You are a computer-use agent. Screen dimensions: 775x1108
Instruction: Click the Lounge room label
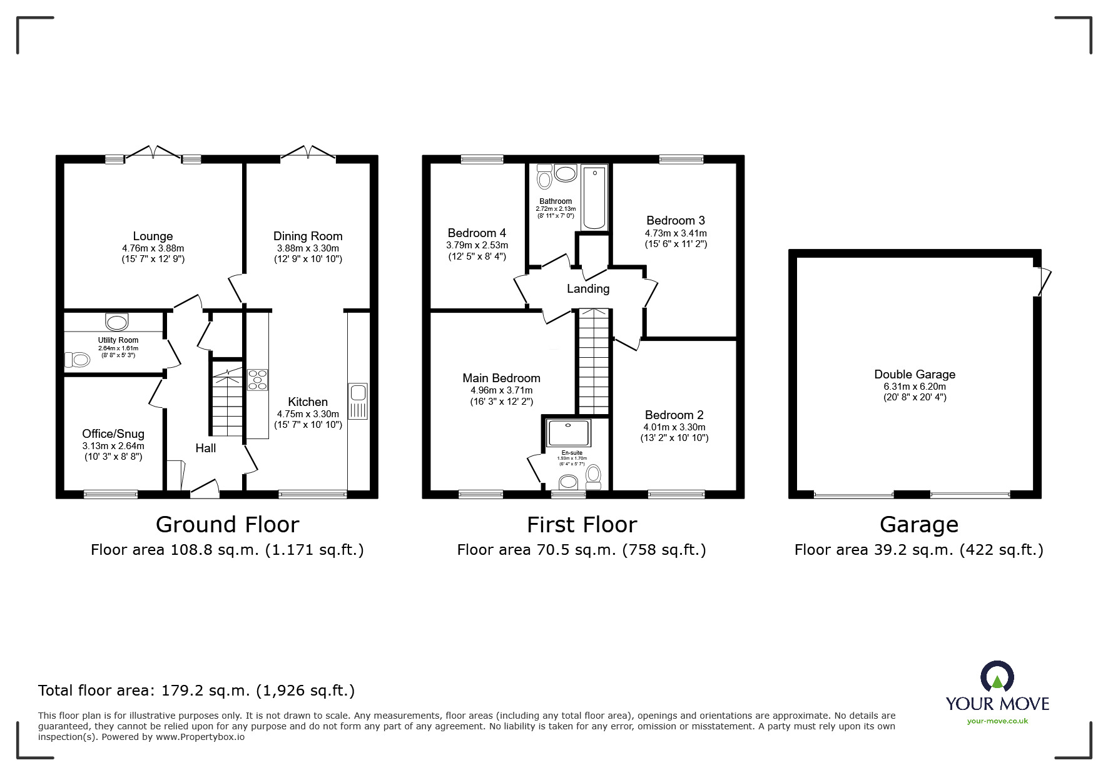(153, 236)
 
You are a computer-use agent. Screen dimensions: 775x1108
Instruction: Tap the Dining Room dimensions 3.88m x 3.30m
(308, 248)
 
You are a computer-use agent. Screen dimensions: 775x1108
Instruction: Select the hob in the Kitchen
(258, 380)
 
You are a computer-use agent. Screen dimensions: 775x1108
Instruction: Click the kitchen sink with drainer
(358, 401)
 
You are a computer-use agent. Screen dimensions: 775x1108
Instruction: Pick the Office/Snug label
(113, 433)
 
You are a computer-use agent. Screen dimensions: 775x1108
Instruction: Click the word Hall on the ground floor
(205, 448)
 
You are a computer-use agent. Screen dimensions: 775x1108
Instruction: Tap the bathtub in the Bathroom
(594, 197)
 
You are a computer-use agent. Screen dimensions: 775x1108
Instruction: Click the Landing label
(587, 288)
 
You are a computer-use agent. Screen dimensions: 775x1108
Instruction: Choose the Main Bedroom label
(501, 378)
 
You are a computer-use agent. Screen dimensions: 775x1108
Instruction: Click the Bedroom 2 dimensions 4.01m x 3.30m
(674, 427)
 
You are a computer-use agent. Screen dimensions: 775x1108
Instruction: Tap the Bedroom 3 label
(676, 220)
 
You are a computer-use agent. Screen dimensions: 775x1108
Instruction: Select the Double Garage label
(915, 374)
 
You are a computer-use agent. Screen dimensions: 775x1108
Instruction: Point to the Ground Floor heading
(227, 524)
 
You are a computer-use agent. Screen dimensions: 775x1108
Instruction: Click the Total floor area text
(196, 691)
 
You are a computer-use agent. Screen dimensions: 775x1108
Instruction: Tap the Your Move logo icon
(997, 677)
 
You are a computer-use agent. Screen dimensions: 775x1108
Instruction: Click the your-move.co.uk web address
(997, 721)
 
